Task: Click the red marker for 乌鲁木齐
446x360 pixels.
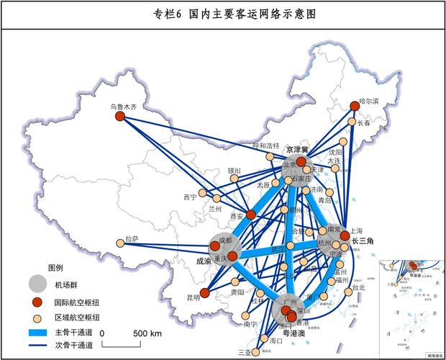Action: click(x=120, y=117)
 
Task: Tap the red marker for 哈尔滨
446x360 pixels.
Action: click(x=355, y=106)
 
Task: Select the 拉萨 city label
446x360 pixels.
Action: click(x=132, y=238)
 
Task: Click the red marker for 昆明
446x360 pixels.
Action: click(x=205, y=293)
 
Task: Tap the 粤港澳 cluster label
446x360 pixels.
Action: click(x=293, y=333)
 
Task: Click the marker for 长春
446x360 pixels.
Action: click(x=352, y=122)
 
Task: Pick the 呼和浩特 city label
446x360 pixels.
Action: click(x=264, y=146)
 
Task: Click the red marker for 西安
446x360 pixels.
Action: click(x=250, y=215)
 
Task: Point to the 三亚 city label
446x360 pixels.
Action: click(x=245, y=352)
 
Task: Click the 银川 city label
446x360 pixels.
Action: click(x=234, y=171)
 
